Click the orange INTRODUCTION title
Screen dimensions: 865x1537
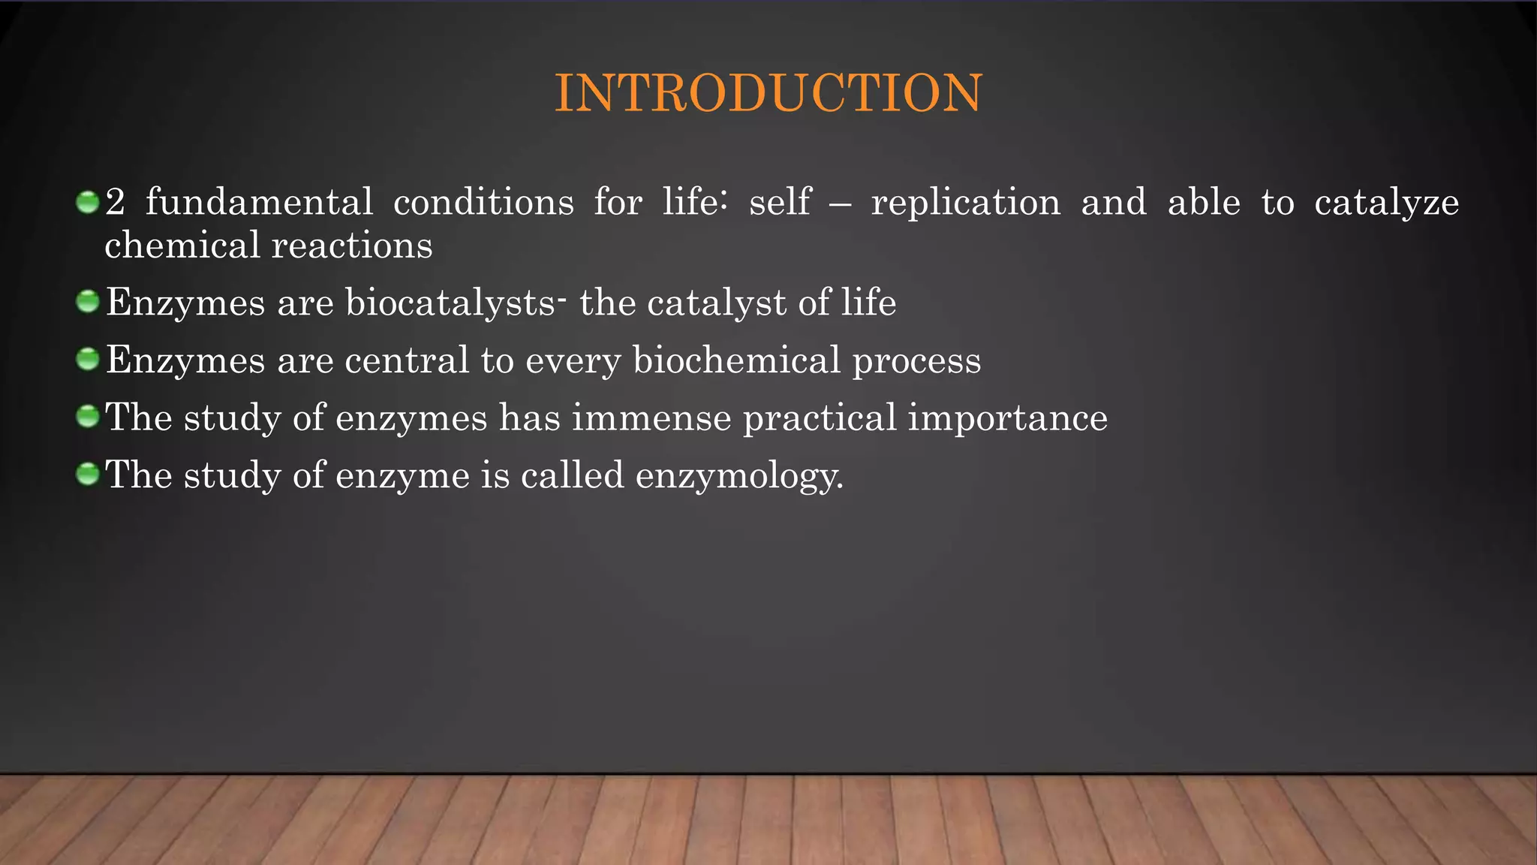(768, 94)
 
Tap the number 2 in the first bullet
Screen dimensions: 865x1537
(115, 203)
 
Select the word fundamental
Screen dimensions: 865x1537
(259, 203)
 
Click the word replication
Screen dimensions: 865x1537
(965, 203)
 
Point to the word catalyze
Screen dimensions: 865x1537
(1386, 203)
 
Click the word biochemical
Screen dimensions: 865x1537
(736, 360)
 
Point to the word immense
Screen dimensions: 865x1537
(651, 418)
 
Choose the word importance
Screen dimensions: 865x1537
(1007, 418)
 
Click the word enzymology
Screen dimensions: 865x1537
(738, 476)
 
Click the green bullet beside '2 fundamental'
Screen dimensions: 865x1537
(88, 202)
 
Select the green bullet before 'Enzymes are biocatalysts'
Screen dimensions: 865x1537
(88, 302)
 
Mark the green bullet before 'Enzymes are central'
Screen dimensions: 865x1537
(88, 359)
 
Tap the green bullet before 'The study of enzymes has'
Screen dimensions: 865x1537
(88, 416)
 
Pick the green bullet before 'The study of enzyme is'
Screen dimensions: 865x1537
(88, 474)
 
